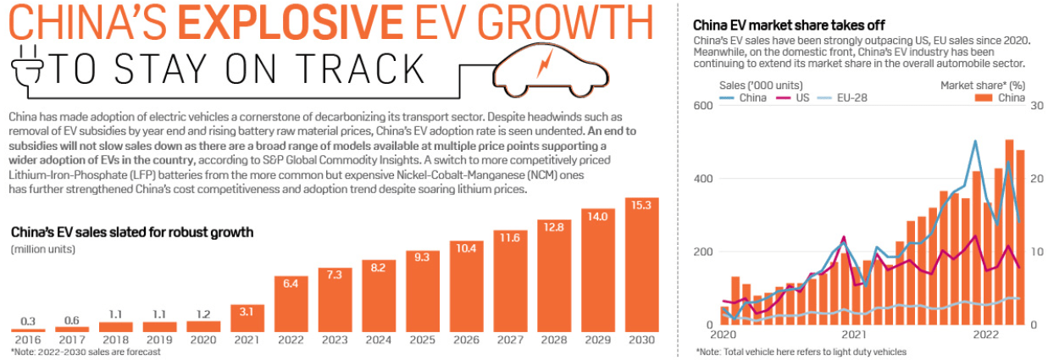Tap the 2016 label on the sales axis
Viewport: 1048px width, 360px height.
[x=28, y=341]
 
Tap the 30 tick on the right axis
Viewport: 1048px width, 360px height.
[x=1035, y=106]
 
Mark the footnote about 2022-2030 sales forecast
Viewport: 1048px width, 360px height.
[x=85, y=352]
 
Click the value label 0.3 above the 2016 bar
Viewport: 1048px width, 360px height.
[x=28, y=321]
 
